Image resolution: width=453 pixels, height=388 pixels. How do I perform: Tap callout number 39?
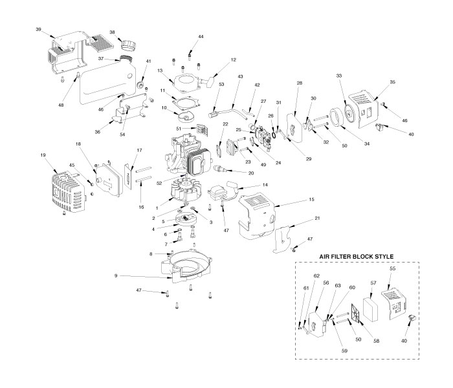point(39,30)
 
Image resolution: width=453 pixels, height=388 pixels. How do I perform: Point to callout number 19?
point(44,156)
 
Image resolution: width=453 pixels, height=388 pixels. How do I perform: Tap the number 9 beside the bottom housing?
point(116,276)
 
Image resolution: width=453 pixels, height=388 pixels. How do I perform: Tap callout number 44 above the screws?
point(201,37)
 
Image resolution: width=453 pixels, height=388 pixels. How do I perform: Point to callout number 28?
point(299,83)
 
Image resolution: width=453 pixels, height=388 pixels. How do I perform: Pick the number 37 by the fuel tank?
point(100,58)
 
